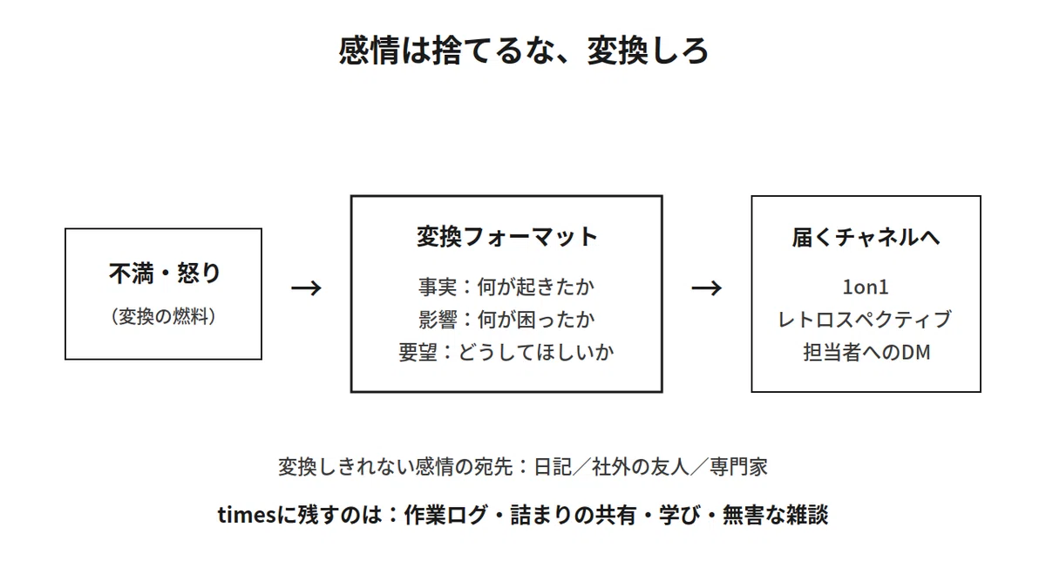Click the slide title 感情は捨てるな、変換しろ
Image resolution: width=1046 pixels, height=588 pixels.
524,51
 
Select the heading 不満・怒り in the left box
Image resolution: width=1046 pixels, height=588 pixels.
164,273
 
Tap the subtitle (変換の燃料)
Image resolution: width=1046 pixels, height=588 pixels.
164,316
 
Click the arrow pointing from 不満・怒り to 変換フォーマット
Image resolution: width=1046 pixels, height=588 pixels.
306,288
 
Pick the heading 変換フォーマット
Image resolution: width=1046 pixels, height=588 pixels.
507,236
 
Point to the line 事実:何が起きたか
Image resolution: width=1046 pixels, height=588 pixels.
506,287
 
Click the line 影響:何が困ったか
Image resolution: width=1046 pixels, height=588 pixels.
506,319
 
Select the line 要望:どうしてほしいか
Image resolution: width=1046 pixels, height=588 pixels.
506,352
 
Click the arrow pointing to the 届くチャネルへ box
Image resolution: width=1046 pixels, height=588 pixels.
707,288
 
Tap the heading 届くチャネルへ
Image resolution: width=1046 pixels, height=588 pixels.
866,237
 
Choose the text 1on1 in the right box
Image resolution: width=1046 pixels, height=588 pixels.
866,287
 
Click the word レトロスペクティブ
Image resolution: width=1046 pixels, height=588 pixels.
866,319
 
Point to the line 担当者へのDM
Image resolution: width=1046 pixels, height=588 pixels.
866,352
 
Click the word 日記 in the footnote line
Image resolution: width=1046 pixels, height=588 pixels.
553,467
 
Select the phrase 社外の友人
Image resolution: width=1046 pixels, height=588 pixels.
641,467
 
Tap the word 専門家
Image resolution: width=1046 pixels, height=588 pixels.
739,467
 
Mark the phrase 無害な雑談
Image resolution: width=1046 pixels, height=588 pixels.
776,515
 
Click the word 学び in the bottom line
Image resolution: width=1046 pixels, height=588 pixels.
681,515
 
